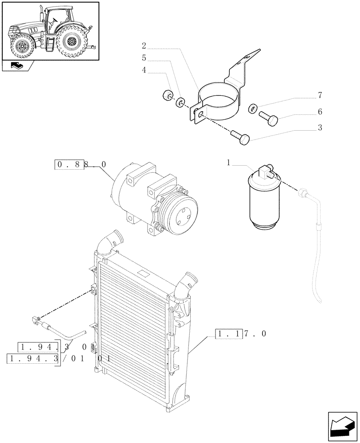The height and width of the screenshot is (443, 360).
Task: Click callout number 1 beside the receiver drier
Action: point(229,163)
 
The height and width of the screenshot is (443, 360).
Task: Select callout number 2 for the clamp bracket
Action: point(144,45)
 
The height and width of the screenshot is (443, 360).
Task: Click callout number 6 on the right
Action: point(320,112)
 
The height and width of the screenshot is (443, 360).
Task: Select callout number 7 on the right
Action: point(320,95)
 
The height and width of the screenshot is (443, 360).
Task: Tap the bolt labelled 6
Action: point(268,118)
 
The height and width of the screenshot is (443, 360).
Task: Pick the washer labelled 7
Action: point(252,108)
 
